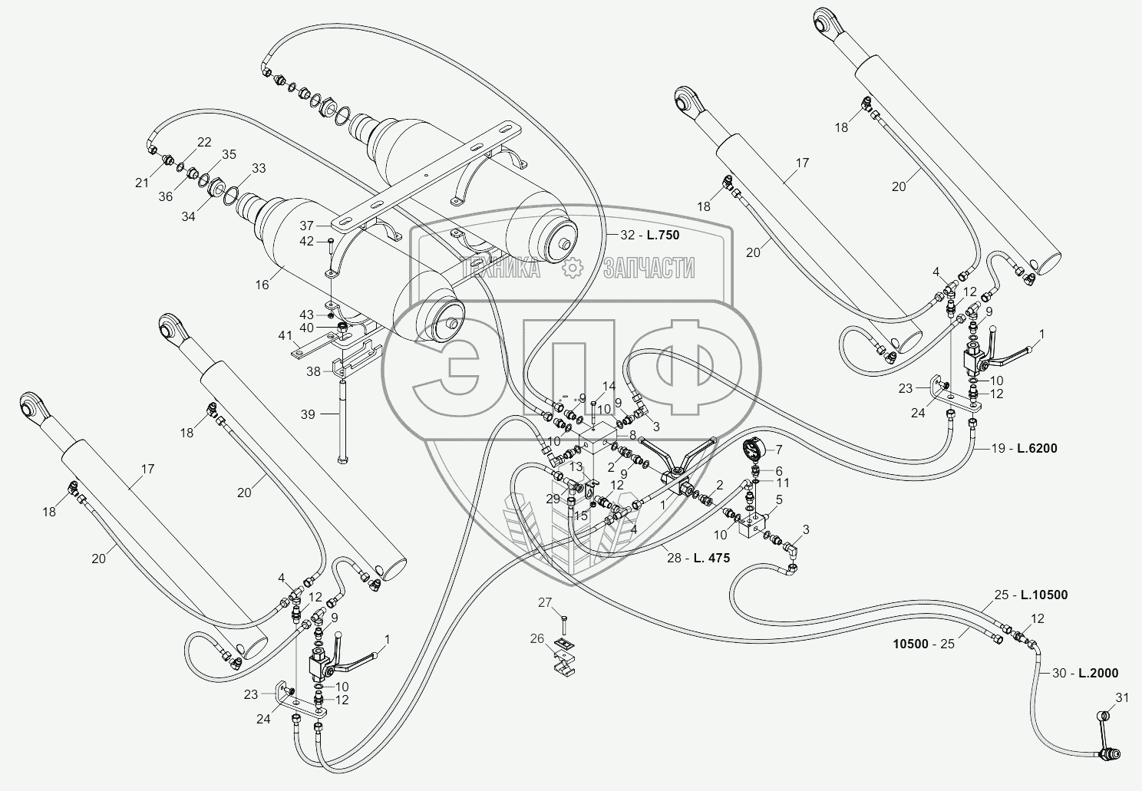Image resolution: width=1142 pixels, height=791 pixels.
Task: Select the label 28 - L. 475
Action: [697, 559]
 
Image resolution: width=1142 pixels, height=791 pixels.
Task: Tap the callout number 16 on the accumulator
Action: [262, 284]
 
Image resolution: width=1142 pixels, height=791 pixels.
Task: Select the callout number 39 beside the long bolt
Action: [307, 414]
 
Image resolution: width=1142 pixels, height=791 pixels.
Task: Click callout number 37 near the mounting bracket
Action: [307, 226]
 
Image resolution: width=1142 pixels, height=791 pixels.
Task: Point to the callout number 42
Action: [307, 241]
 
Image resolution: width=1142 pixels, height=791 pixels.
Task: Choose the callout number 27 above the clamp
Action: [545, 602]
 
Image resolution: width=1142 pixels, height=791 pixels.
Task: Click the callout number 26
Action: [536, 638]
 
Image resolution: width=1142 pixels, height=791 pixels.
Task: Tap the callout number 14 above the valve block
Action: [609, 385]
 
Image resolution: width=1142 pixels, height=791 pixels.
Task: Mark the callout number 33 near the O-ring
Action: [259, 168]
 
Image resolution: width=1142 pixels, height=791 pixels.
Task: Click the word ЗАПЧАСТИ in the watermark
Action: [649, 268]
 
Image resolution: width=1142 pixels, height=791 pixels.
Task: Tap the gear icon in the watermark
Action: [572, 268]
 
